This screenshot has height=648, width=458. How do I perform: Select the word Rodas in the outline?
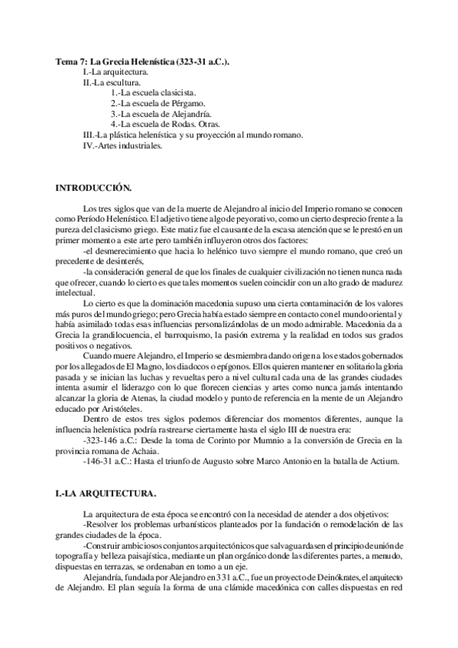pyautogui.click(x=188, y=123)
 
